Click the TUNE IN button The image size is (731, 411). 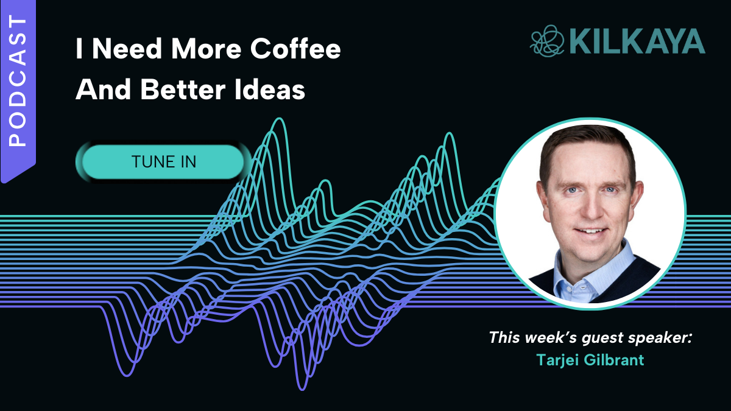163,162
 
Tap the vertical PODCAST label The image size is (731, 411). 18,80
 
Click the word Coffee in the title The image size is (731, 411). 295,49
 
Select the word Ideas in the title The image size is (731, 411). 269,90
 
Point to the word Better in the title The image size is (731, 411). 183,90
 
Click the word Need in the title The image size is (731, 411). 127,49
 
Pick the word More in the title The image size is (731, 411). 207,49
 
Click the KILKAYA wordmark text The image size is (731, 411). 638,41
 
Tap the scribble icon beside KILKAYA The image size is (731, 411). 547,41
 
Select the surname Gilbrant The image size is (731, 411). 614,360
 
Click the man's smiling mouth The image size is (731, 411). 591,231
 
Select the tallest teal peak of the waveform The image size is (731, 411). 280,120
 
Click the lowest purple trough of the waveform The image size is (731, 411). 303,388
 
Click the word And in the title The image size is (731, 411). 104,90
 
